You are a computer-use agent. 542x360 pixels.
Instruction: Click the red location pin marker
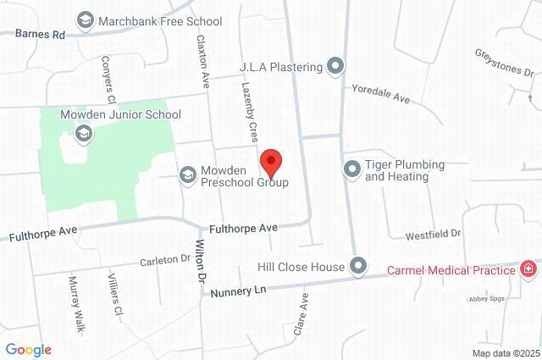pos(270,161)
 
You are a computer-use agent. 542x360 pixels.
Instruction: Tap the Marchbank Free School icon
pos(85,20)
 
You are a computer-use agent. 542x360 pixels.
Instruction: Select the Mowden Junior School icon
pos(84,133)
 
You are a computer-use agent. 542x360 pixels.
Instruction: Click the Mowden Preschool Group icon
pos(187,174)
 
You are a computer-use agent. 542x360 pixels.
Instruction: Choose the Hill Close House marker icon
pos(358,267)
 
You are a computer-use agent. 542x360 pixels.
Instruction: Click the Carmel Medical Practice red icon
pos(528,270)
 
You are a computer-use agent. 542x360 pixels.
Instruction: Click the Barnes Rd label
pos(40,35)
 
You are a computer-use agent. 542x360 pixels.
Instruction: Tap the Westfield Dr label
pos(432,233)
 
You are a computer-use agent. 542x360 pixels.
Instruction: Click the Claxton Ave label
pos(202,61)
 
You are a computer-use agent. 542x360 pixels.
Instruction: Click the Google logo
pos(29,350)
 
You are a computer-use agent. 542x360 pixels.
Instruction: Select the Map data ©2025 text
pos(506,353)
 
